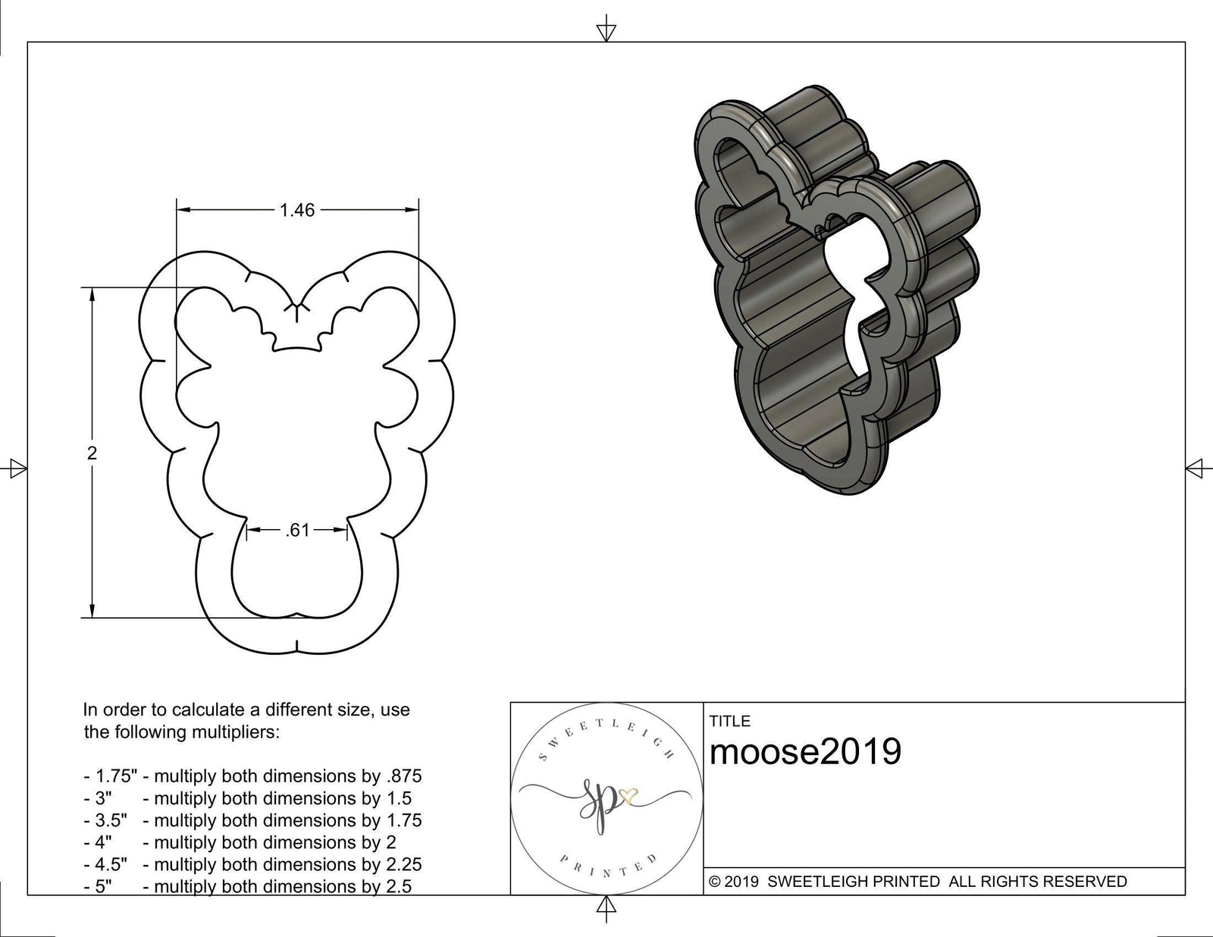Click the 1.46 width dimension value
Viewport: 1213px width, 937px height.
(296, 210)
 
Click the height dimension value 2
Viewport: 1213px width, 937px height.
(92, 453)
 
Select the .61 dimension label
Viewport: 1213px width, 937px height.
(297, 531)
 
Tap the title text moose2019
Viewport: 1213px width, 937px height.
(805, 752)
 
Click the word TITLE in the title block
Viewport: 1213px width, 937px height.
(729, 721)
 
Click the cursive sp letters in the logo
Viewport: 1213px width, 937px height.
(595, 805)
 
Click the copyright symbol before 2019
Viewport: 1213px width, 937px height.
(714, 882)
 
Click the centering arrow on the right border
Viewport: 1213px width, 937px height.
(1195, 468)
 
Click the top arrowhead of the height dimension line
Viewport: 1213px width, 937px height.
(92, 295)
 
